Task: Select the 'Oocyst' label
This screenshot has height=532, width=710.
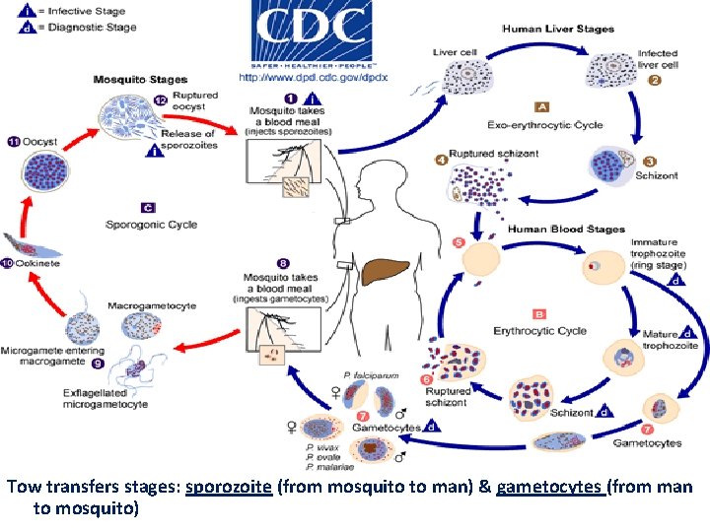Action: click(x=40, y=143)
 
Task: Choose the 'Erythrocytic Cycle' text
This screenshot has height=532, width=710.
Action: click(x=539, y=331)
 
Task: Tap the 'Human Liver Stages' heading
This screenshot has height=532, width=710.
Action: click(x=557, y=30)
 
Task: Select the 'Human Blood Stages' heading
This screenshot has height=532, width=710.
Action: click(x=566, y=230)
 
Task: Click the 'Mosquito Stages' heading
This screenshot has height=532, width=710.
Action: click(x=140, y=79)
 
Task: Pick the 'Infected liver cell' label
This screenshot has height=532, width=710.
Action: click(x=657, y=59)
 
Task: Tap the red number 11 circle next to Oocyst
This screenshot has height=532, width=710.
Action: click(x=12, y=143)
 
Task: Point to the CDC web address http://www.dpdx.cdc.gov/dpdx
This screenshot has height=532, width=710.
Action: click(x=313, y=77)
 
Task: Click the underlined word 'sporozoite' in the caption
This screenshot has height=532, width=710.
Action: click(x=228, y=488)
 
